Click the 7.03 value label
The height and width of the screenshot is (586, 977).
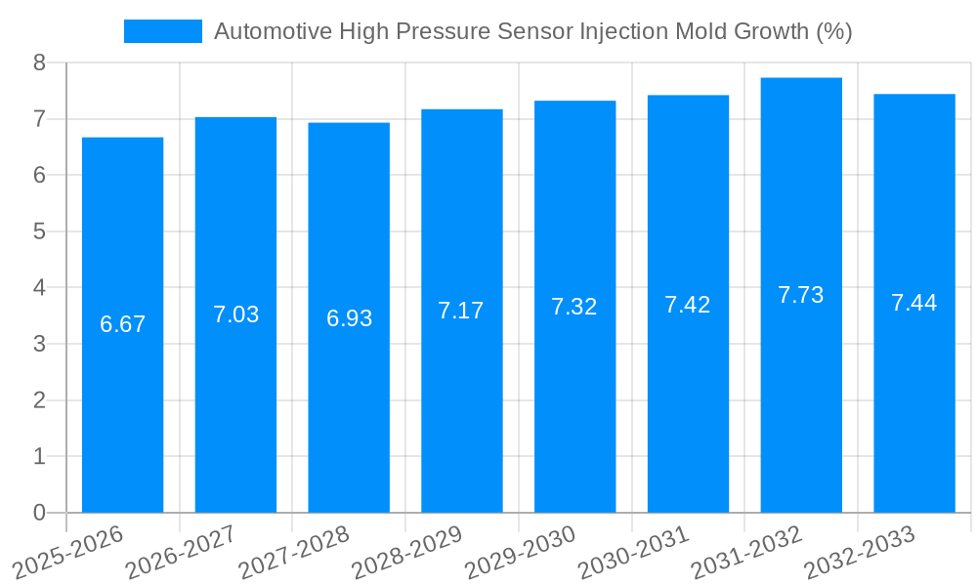[x=235, y=314]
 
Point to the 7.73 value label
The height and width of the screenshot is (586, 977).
[x=801, y=295]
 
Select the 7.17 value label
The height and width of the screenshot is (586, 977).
[x=461, y=311]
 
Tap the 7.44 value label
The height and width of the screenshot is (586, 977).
[x=913, y=303]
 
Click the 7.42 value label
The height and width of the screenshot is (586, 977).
[x=688, y=304]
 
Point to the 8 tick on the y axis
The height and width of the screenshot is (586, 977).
[x=39, y=63]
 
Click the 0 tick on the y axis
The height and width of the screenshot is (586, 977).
[x=39, y=513]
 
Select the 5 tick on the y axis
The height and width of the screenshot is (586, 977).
[x=39, y=231]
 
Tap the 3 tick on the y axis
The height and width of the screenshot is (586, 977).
[x=39, y=344]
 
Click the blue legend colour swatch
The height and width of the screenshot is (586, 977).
[x=162, y=31]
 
